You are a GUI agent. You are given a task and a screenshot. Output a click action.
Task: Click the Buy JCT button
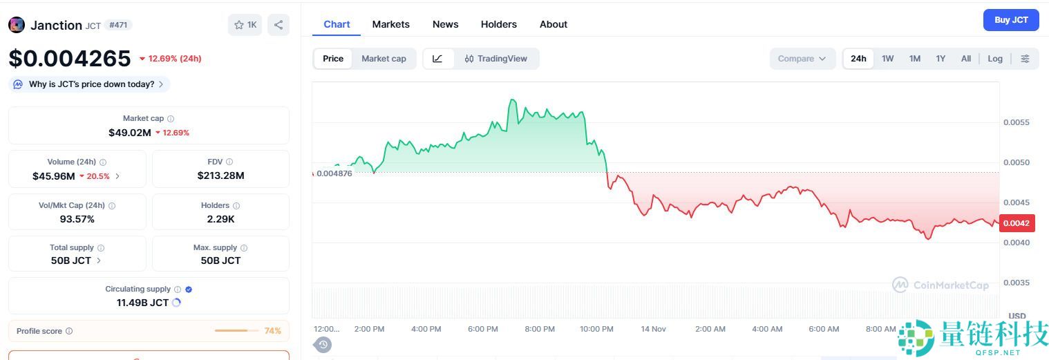coord(1010,20)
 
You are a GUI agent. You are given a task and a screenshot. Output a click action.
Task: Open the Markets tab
coord(390,24)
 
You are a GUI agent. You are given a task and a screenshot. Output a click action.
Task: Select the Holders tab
coord(498,24)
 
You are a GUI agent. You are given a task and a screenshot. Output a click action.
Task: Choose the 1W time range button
coord(887,59)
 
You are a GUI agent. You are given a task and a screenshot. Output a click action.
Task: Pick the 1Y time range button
coord(941,59)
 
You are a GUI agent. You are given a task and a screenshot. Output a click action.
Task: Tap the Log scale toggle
coord(994,59)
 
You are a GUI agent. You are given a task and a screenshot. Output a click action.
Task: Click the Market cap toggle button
coord(384,59)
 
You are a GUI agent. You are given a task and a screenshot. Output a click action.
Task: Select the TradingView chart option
coord(495,59)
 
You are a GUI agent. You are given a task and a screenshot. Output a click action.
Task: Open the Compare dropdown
coord(802,59)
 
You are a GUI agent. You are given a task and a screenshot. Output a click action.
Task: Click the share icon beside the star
coord(278,25)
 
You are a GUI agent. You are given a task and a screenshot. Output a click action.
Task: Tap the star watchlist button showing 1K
coord(245,25)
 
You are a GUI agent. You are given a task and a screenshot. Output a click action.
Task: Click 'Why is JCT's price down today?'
coord(91,84)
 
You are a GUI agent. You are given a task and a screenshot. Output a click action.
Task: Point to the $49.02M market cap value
coord(130,132)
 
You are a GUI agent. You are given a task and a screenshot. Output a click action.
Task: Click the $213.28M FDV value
coord(220,176)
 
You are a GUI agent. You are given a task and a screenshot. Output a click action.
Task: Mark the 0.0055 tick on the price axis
coord(1016,122)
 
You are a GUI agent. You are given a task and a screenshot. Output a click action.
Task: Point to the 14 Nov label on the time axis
coord(654,329)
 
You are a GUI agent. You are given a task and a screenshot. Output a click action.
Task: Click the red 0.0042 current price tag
coord(1016,223)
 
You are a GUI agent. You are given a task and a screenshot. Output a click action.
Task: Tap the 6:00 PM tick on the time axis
coord(483,329)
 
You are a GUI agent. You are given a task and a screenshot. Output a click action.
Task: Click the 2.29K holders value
coord(220,219)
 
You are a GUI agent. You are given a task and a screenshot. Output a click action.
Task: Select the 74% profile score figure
coord(272,331)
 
